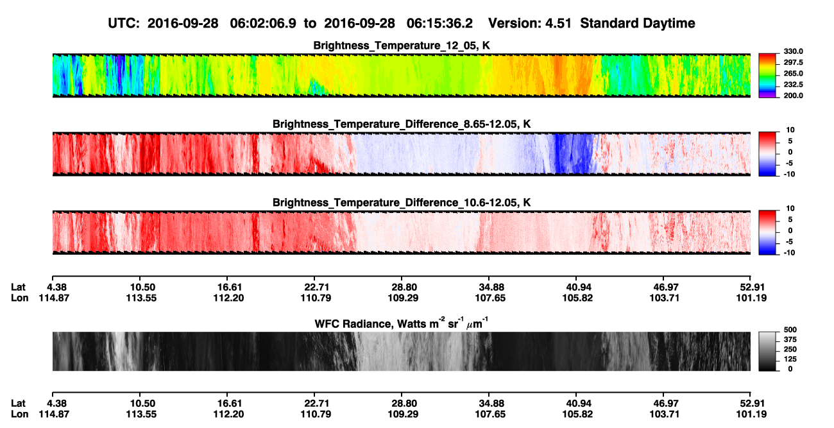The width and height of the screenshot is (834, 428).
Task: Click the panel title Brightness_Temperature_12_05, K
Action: coord(402,46)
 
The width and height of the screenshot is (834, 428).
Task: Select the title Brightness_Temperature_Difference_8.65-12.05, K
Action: coord(402,124)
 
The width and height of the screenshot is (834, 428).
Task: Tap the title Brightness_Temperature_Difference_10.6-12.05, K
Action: coord(402,203)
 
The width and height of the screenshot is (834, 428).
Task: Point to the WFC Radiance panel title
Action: coord(402,323)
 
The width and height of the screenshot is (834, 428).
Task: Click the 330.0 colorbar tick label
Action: coord(793,51)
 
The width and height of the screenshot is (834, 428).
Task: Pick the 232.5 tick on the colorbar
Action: coord(793,85)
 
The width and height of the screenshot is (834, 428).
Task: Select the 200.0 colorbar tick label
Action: coord(793,96)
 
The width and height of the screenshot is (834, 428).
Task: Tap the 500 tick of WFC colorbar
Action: coord(790,330)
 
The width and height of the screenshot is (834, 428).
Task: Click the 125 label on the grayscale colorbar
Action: coord(790,359)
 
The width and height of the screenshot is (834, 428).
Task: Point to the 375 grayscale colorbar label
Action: coord(790,339)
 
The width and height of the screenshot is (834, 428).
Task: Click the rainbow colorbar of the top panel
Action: coord(767,76)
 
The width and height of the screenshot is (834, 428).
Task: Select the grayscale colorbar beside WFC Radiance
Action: coord(767,351)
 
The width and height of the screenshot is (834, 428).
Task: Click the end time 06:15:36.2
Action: coord(439,23)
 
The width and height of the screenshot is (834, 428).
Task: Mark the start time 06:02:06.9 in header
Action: coord(263,23)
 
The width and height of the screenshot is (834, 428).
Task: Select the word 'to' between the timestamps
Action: coord(310,24)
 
